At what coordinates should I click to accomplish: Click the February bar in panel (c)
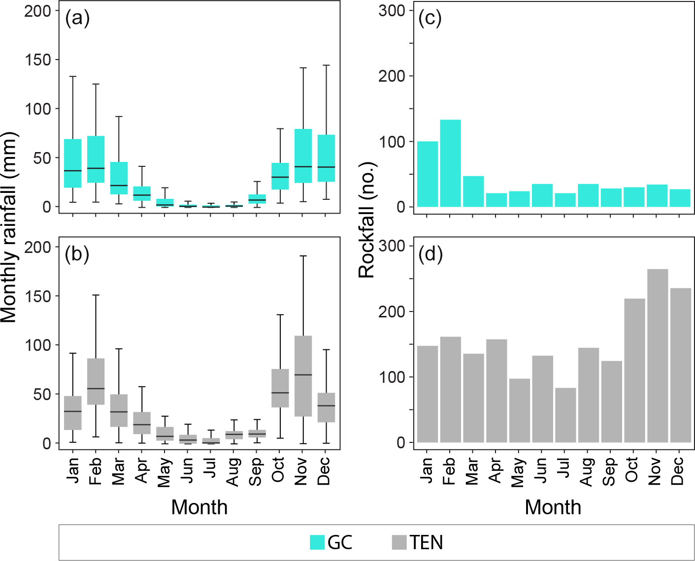450,163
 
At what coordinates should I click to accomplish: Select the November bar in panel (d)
658,356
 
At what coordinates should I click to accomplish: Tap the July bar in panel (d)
565,415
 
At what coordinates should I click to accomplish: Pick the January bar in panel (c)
428,174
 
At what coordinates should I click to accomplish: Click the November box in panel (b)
303,376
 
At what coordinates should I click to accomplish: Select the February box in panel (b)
96,381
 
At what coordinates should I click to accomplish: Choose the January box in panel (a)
73,163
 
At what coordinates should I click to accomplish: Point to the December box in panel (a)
326,158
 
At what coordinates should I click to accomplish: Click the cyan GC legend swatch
317,542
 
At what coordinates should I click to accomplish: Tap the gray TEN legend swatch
399,542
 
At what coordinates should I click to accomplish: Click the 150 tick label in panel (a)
38,60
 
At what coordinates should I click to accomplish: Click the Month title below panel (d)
553,507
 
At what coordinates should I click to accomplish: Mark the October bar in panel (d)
634,371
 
